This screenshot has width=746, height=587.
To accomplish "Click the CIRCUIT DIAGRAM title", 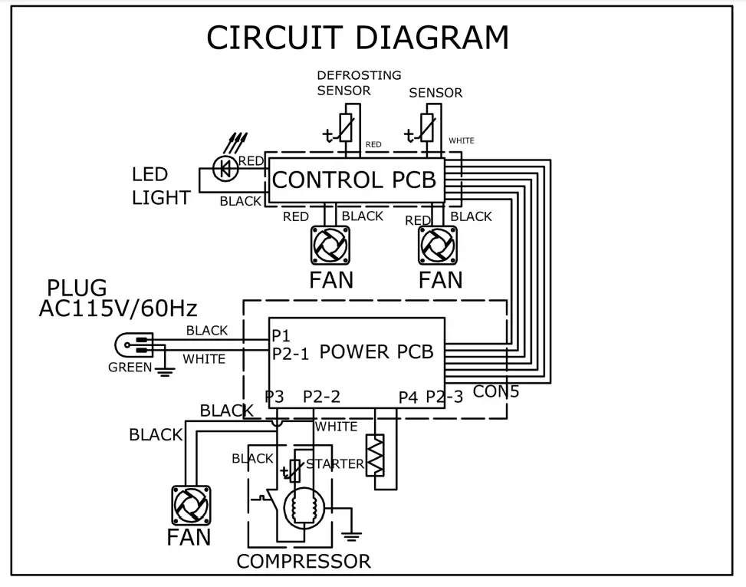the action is point(358,37).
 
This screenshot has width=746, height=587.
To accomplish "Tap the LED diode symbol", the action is point(225,168).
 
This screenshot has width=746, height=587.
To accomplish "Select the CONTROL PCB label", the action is point(354,180).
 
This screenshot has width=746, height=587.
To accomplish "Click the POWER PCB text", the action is point(376,352).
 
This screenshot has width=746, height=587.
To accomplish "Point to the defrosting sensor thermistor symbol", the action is point(345,128).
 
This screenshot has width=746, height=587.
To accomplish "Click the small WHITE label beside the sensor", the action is point(462,140).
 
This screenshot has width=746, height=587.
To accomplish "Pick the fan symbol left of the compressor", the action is point(191,505).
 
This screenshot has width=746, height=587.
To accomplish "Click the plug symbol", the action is point(133,345).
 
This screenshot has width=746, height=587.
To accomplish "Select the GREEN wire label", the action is point(130,367).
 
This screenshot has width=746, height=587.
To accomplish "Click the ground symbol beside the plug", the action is point(165,371).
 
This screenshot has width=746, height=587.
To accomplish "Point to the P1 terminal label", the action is point(281,335).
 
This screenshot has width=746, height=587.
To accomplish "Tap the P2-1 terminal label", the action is point(291,354).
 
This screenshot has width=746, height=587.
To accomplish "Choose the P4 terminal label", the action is point(408,397).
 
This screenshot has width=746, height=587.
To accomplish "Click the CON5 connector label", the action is point(496,391).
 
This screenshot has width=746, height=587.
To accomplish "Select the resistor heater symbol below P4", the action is point(376,455).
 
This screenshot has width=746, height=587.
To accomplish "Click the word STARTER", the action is point(335,463).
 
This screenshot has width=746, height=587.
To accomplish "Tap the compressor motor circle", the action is point(304,508).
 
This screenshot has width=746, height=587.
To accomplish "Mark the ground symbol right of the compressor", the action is point(352,536).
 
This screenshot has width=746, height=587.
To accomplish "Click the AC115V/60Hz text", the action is point(118,308).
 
